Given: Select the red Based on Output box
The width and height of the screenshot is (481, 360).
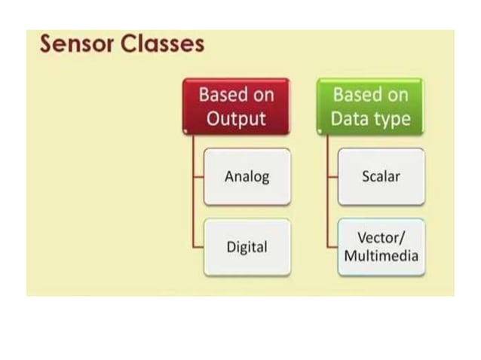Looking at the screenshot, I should pyautogui.click(x=236, y=106).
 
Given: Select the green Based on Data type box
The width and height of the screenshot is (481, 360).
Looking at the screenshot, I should pyautogui.click(x=370, y=106).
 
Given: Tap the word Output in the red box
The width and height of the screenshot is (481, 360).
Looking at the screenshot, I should pyautogui.click(x=236, y=119).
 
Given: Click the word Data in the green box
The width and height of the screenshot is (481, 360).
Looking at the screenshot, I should pyautogui.click(x=349, y=119).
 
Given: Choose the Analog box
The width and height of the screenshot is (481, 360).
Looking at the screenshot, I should pyautogui.click(x=247, y=177).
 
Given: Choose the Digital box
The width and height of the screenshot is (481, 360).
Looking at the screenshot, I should pyautogui.click(x=247, y=247).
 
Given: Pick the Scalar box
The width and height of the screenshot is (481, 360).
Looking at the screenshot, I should pyautogui.click(x=381, y=177).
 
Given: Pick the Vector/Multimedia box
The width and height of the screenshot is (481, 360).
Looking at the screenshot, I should pyautogui.click(x=381, y=247).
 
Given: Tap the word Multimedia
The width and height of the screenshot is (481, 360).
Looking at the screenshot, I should pyautogui.click(x=381, y=255).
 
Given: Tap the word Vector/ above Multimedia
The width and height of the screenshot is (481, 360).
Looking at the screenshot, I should pyautogui.click(x=381, y=239).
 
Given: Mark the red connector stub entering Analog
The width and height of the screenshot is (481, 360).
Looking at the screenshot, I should pyautogui.click(x=198, y=178).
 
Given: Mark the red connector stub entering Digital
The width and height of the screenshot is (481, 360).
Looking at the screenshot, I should pyautogui.click(x=198, y=247).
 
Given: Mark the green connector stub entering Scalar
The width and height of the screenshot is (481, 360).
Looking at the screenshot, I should pyautogui.click(x=332, y=178).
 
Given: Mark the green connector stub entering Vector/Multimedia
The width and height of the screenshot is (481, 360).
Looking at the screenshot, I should pyautogui.click(x=332, y=247).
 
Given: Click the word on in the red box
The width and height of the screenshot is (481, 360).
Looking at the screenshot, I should pyautogui.click(x=263, y=96).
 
